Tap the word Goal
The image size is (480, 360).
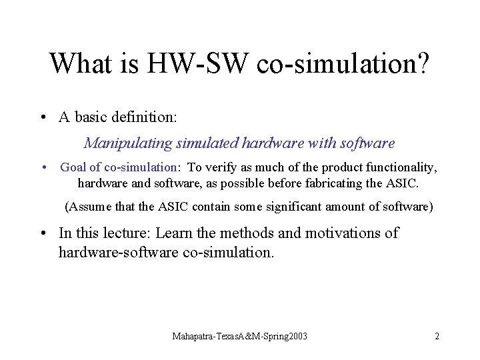click(74, 167)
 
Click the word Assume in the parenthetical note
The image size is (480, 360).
click(91, 207)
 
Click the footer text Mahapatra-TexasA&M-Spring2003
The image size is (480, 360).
click(240, 336)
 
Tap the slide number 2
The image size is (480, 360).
click(437, 336)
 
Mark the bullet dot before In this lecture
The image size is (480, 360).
click(43, 233)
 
